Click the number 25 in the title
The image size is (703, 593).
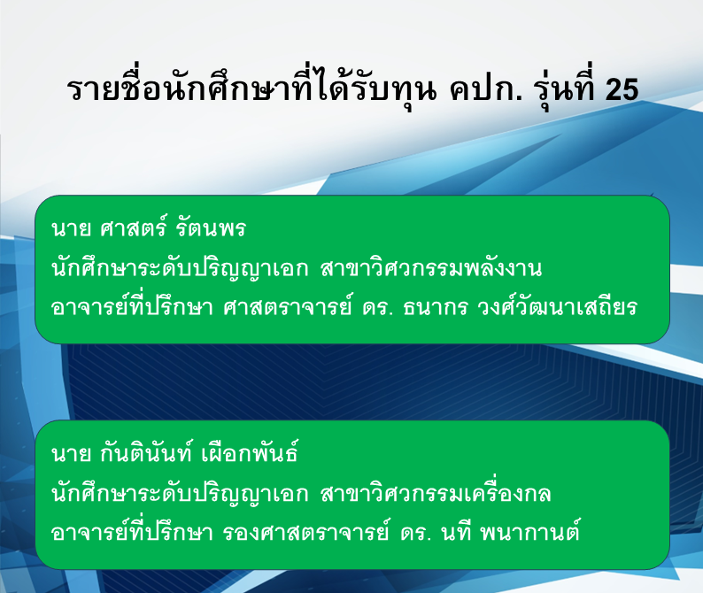(x=622, y=89)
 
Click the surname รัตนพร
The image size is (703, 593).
(x=211, y=227)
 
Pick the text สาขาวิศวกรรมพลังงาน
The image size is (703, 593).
(x=431, y=268)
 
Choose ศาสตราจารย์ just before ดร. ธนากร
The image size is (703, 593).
(x=288, y=307)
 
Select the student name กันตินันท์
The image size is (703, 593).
(x=146, y=452)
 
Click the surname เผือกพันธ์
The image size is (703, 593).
(x=251, y=452)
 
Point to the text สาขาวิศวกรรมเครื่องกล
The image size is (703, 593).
(x=436, y=493)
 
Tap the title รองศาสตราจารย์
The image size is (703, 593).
(x=306, y=533)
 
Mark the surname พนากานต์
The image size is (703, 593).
(x=530, y=532)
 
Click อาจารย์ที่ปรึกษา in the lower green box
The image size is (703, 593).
(x=132, y=532)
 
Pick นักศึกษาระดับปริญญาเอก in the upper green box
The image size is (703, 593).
(x=181, y=268)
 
